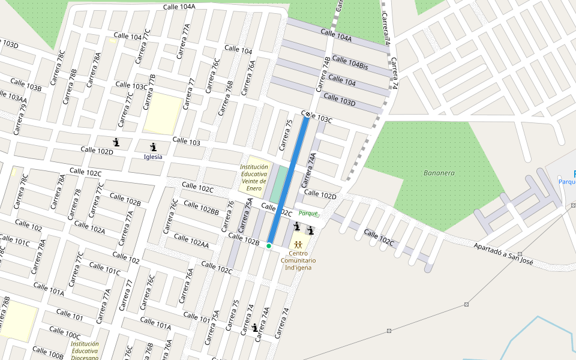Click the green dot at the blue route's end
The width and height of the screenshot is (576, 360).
269,246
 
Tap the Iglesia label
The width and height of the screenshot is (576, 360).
153,157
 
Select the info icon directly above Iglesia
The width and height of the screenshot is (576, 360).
153,147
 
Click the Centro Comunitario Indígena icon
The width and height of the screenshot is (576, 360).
298,244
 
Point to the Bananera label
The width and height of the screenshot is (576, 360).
439,173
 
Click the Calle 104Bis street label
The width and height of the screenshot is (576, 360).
350,63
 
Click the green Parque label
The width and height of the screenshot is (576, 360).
308,213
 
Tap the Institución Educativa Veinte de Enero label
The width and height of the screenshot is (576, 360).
254,178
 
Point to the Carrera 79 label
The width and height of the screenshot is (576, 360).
22,116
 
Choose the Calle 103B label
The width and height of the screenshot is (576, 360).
26,85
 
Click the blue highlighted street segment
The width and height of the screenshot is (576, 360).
289,180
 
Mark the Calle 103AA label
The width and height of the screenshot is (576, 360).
12,97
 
